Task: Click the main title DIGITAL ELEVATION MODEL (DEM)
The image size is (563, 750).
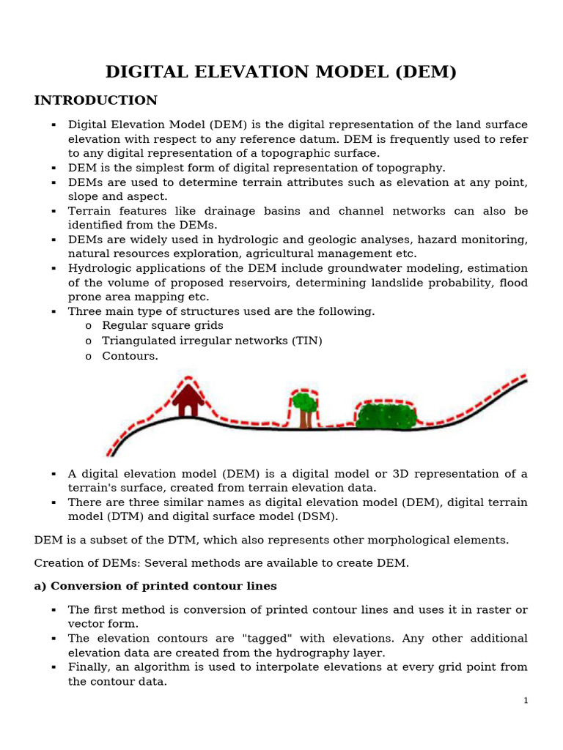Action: click(x=281, y=72)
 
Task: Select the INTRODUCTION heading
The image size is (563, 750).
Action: click(x=95, y=100)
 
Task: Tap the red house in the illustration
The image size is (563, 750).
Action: click(x=188, y=400)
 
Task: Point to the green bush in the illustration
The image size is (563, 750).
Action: click(x=386, y=415)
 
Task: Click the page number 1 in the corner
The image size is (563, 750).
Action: click(x=526, y=701)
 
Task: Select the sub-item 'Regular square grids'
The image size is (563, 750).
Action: click(x=163, y=325)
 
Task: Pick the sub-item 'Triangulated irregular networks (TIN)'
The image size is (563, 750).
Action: click(x=212, y=341)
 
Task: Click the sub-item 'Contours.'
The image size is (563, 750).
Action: click(x=130, y=356)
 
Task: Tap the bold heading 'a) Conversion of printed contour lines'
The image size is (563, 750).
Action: click(x=155, y=586)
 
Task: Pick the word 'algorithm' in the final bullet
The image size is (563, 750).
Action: click(x=165, y=667)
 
